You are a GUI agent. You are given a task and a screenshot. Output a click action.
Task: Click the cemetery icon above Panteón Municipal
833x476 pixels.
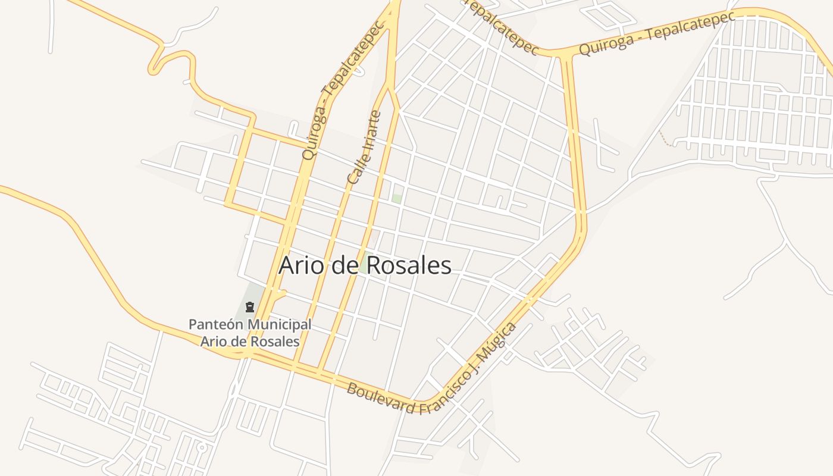click(x=250, y=307)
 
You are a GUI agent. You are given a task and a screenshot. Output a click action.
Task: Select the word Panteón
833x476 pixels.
click(x=215, y=325)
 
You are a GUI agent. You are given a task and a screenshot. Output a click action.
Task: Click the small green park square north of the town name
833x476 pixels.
click(x=396, y=198)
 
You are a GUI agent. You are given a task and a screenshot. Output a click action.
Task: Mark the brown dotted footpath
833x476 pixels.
click(x=664, y=139)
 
